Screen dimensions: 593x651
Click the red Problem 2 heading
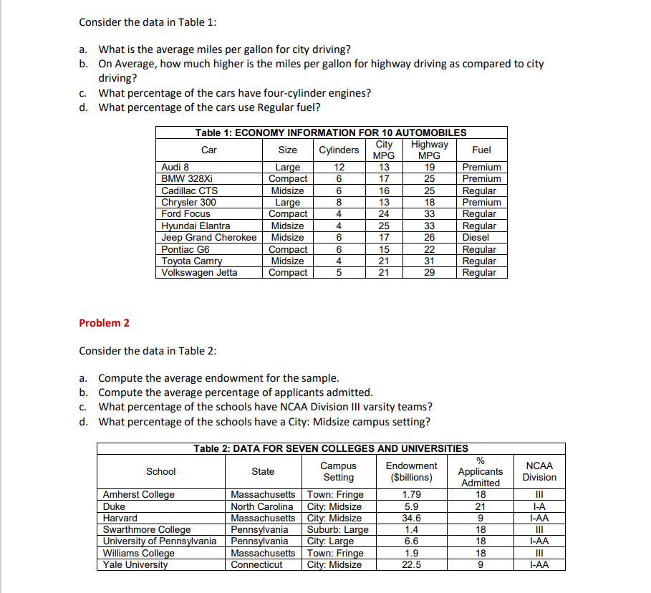(x=104, y=322)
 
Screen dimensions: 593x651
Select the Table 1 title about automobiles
(x=331, y=132)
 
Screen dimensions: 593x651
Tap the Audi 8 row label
(x=175, y=167)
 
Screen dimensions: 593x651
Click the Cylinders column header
(x=339, y=150)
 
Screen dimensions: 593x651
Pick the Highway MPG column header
(x=429, y=150)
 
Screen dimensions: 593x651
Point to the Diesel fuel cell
(x=475, y=237)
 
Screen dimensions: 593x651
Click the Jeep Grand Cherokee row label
(x=208, y=237)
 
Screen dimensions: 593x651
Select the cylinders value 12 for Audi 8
(x=339, y=167)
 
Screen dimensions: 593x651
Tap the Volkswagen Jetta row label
(x=199, y=272)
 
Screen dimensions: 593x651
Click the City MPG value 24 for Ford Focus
(x=384, y=213)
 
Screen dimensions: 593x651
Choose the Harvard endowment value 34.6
(x=412, y=518)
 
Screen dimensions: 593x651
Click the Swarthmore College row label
(x=147, y=529)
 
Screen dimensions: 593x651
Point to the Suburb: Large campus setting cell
(x=337, y=529)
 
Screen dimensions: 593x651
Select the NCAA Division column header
(x=539, y=471)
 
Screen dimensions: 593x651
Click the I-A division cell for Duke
(x=539, y=506)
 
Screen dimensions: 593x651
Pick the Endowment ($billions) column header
(x=411, y=471)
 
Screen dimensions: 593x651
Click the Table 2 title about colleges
(x=330, y=448)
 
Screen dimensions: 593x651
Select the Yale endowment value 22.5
(x=412, y=564)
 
